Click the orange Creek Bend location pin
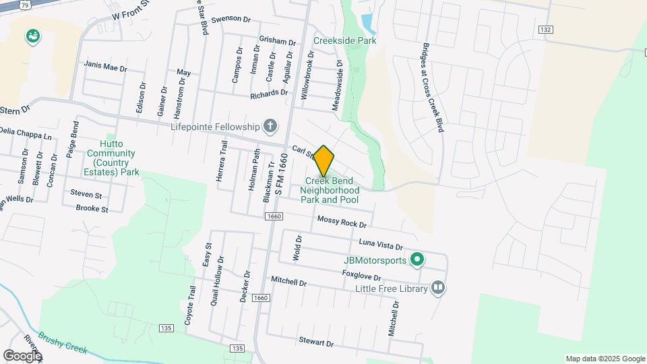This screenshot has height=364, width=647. [324, 160]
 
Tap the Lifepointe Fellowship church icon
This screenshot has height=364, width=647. [270, 126]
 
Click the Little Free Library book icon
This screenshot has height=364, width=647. [438, 289]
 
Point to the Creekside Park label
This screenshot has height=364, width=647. [344, 40]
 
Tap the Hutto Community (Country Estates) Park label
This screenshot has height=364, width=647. [113, 158]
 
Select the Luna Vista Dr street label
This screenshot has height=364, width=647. [381, 246]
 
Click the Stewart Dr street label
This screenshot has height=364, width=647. [317, 343]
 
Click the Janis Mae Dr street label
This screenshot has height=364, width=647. [105, 65]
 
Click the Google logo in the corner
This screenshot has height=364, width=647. [22, 355]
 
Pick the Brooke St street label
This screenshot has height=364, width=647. [92, 209]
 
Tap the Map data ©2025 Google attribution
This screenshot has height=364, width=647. [605, 359]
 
